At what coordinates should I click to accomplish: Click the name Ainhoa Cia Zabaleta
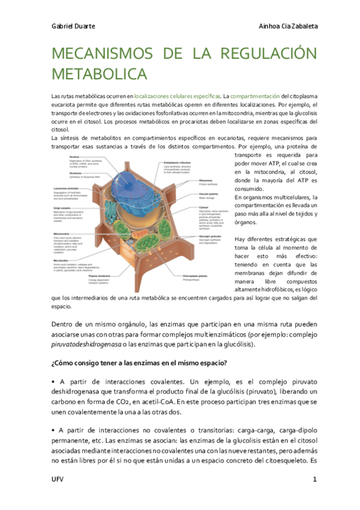click(x=288, y=26)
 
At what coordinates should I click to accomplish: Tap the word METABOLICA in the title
click(x=100, y=74)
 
